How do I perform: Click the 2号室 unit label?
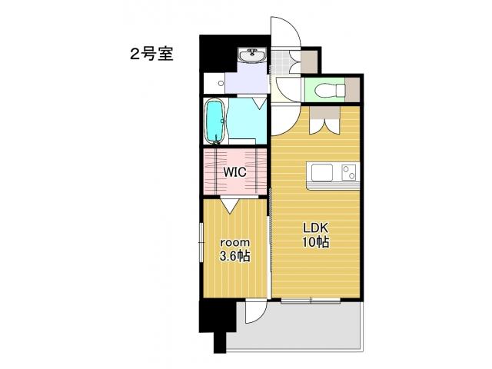point(151,54)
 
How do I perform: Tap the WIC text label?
point(234,172)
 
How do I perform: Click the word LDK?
point(315,228)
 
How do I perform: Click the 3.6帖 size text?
point(234,256)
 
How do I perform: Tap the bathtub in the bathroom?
point(215,121)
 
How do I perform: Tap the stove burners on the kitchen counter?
point(348,173)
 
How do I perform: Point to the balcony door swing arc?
point(257,311)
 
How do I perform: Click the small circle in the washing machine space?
point(221,81)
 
